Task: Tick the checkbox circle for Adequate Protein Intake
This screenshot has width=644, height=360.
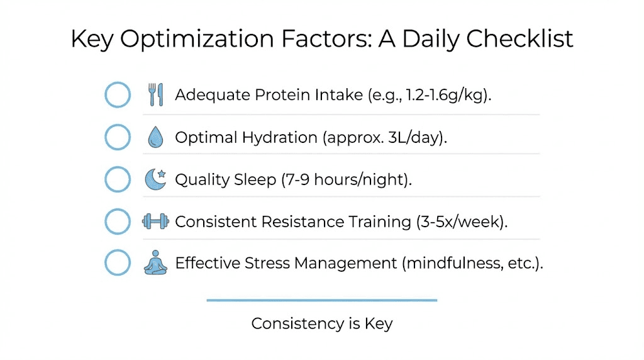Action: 117,95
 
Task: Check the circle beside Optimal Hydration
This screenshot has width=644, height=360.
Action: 117,137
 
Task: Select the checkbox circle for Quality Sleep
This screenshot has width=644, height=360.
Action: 117,179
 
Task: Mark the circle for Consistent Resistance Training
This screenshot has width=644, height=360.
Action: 117,222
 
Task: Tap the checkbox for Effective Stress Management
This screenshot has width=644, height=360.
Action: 117,263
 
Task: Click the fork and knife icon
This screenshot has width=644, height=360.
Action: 155,95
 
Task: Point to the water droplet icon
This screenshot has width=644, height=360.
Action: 155,137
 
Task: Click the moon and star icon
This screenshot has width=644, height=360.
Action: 155,179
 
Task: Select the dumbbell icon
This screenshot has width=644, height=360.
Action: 155,222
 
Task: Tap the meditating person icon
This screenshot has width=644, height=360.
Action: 155,263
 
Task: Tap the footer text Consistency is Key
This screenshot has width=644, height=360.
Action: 322,323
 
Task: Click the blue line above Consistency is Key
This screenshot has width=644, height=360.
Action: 322,301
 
